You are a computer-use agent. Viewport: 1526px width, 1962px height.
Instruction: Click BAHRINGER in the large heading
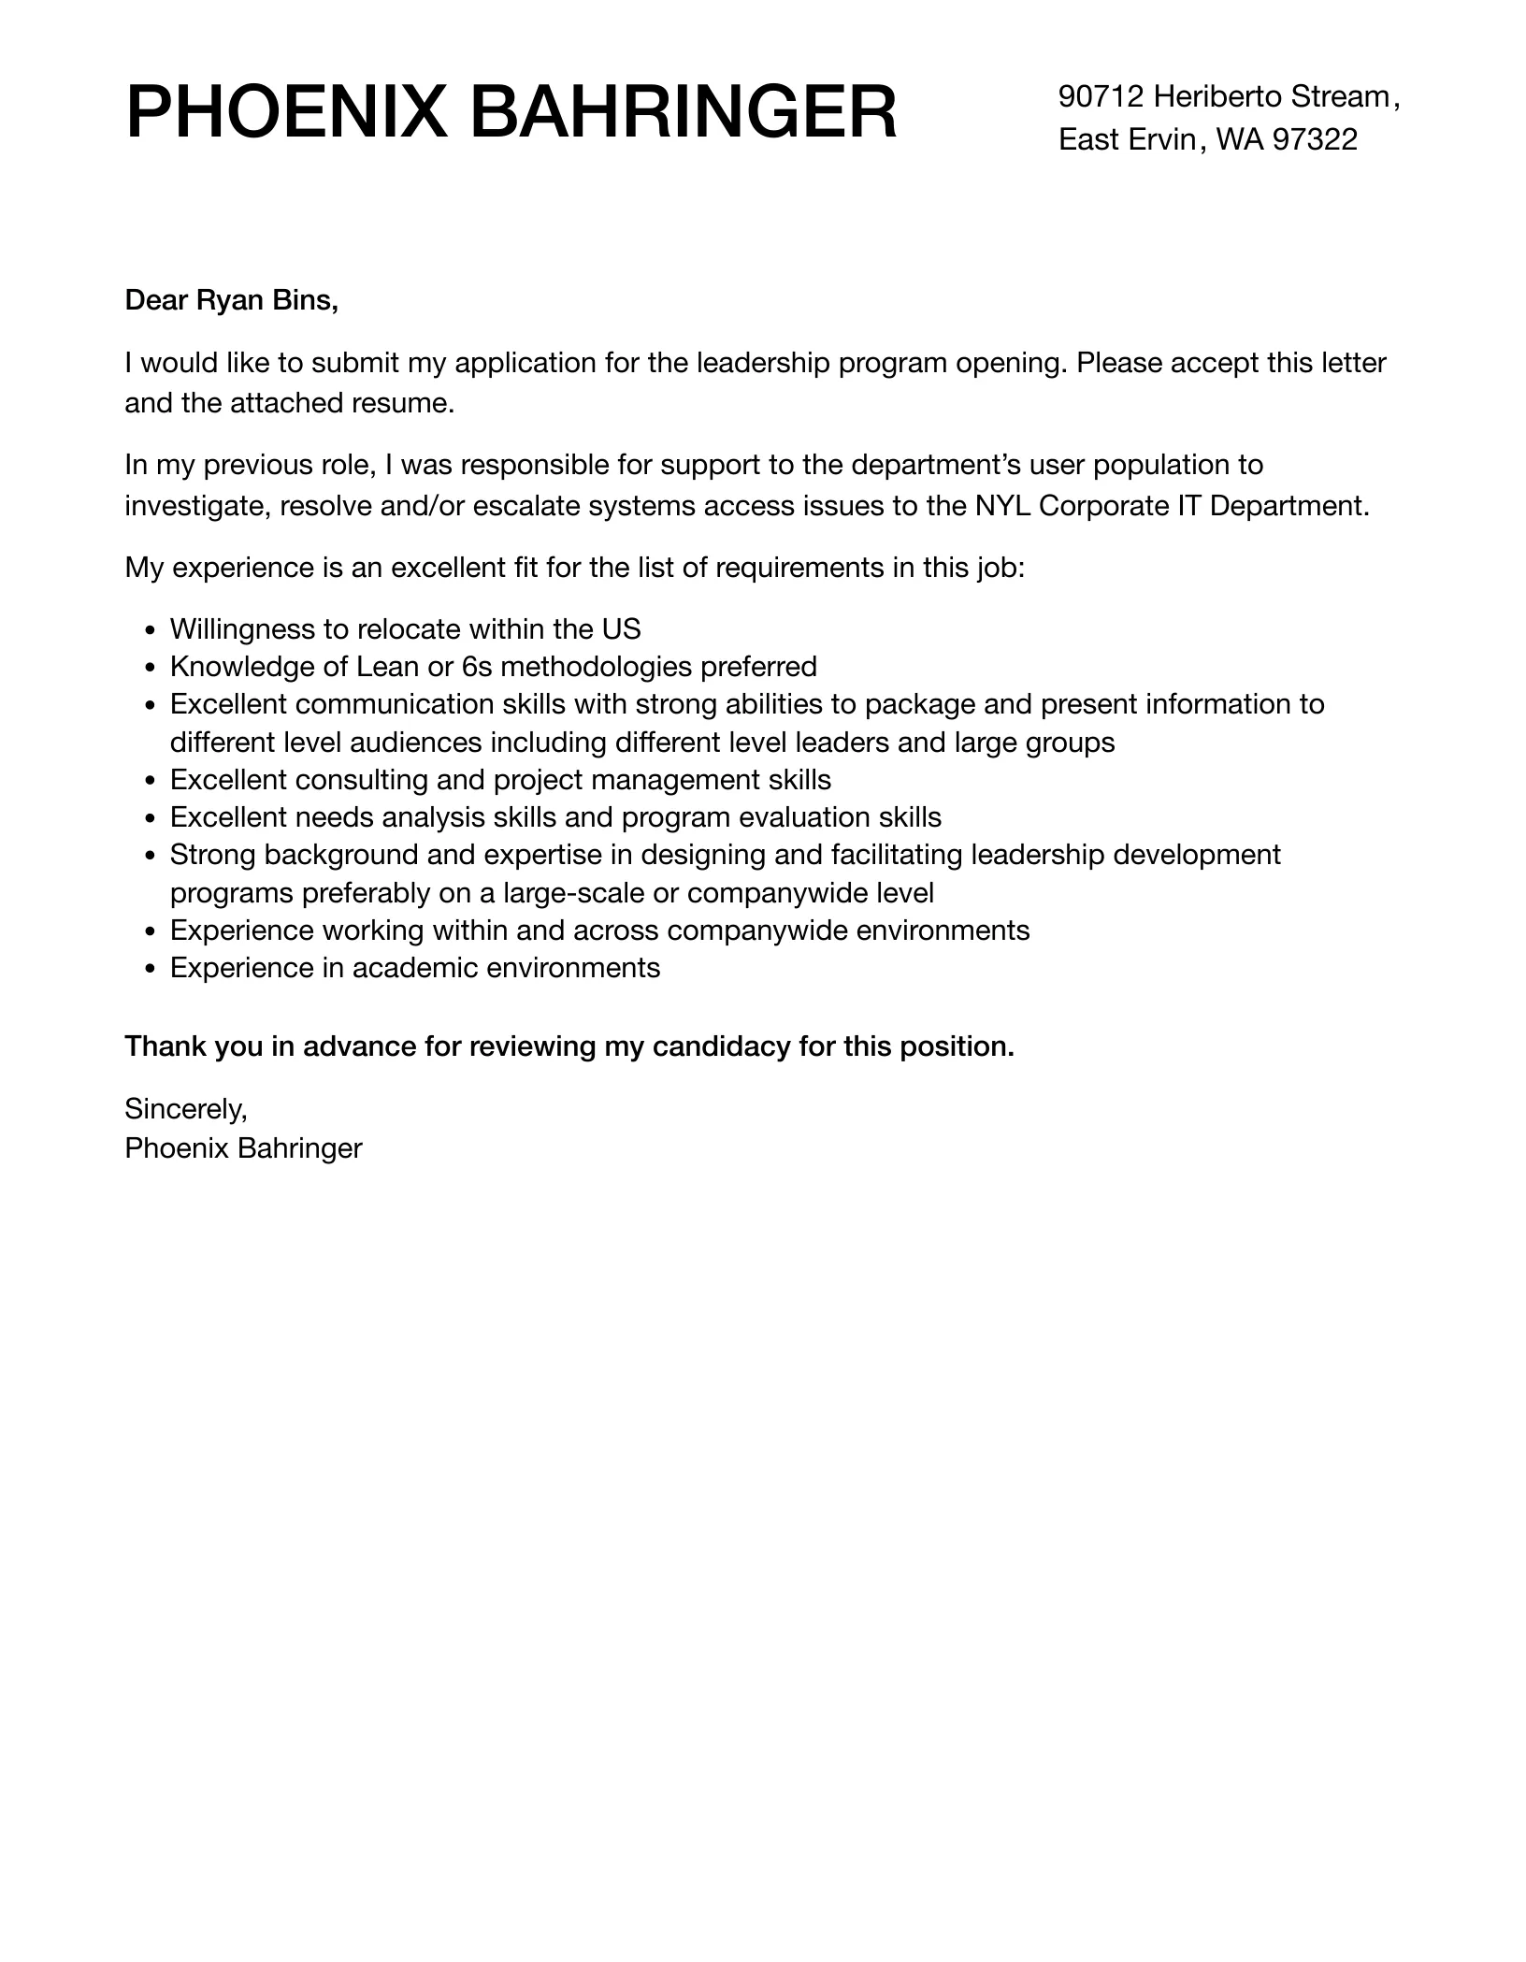coord(683,113)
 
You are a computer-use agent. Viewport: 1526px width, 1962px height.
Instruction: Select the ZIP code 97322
coord(1316,140)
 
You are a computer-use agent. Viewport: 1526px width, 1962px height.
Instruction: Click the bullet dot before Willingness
coord(151,630)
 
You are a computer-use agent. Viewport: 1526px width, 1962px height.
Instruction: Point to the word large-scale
coord(573,893)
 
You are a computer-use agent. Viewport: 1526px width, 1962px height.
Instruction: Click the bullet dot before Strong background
coord(151,856)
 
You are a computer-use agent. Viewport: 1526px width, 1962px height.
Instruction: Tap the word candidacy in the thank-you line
coord(721,1046)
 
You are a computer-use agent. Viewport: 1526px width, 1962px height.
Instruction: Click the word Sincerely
coord(186,1109)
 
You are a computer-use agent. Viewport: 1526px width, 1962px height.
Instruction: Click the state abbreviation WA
coord(1239,140)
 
